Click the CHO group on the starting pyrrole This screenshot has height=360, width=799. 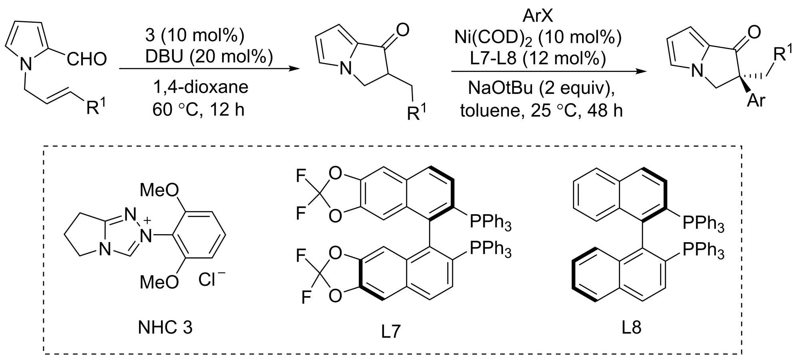click(87, 60)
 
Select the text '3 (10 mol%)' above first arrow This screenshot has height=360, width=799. click(195, 35)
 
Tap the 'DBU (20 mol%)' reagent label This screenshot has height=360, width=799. click(209, 56)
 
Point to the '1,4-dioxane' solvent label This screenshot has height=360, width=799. click(201, 87)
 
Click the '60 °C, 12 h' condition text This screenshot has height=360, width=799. click(198, 109)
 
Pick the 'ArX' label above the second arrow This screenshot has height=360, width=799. click(537, 16)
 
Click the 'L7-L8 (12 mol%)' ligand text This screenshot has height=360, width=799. click(538, 58)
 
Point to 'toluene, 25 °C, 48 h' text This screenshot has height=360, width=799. click(541, 110)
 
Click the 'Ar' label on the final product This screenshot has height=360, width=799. click(756, 101)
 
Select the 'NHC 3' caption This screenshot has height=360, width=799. click(165, 328)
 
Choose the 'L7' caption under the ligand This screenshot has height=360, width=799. click(390, 331)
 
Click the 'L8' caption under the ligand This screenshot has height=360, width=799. click(631, 327)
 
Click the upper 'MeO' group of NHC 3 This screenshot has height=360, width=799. click(159, 190)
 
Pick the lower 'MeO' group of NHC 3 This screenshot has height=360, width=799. click(159, 282)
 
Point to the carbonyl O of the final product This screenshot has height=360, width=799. click(754, 32)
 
